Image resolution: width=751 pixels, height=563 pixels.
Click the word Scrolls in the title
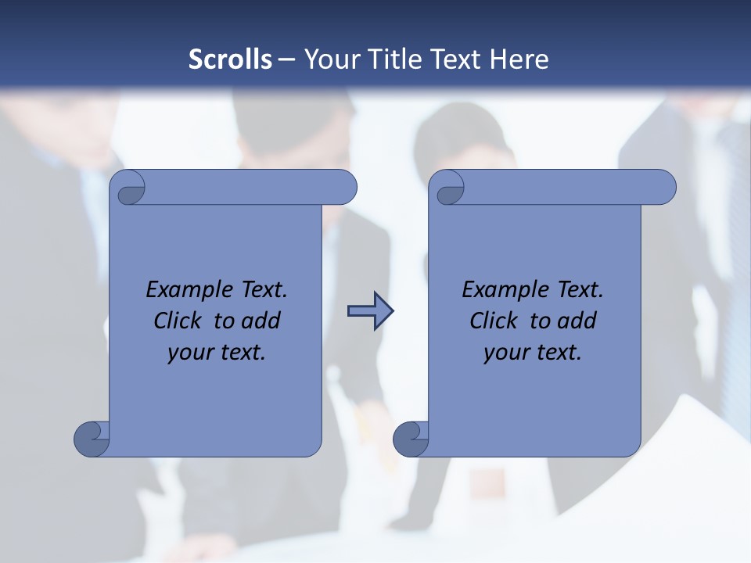pyautogui.click(x=230, y=59)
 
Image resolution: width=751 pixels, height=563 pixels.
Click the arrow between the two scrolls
pyautogui.click(x=370, y=311)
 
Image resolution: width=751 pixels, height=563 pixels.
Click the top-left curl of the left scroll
pyautogui.click(x=131, y=189)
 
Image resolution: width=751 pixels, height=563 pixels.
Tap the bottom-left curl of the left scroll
pyautogui.click(x=91, y=438)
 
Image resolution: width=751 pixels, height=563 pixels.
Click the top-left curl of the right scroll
pyautogui.click(x=451, y=189)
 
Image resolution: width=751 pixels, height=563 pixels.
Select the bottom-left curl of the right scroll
pyautogui.click(x=410, y=438)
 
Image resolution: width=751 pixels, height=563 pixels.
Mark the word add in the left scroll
pyautogui.click(x=261, y=321)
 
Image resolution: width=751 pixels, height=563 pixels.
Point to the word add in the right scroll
pyautogui.click(x=577, y=321)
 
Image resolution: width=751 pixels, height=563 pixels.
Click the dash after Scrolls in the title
pyautogui.click(x=286, y=59)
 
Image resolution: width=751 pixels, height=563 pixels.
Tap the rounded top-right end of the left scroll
pyautogui.click(x=344, y=188)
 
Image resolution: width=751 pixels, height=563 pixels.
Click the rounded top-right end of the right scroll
pyautogui.click(x=663, y=188)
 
